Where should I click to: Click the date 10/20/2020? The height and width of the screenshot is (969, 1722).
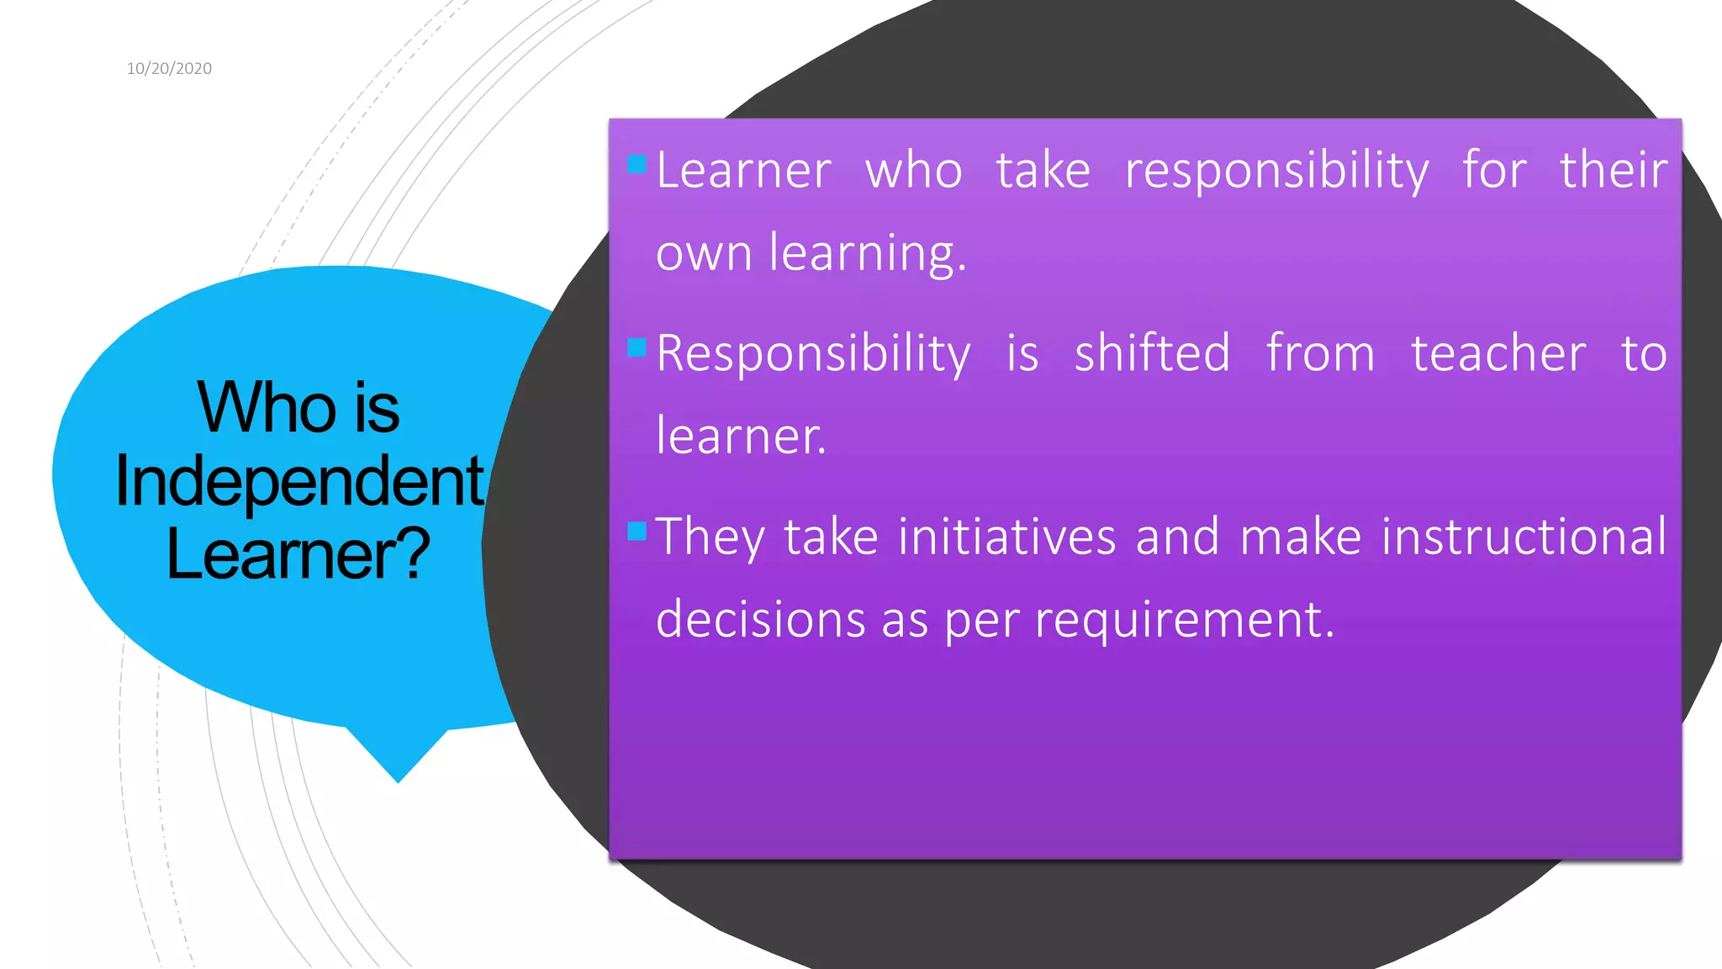point(169,69)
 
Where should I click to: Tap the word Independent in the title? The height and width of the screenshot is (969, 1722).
point(298,481)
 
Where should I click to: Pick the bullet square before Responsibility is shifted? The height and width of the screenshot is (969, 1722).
point(637,347)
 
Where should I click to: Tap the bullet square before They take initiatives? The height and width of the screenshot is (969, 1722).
point(637,530)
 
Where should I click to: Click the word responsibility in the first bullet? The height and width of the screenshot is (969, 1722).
point(1276,172)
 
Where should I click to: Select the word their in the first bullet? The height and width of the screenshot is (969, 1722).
point(1613,170)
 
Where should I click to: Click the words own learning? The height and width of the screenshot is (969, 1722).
point(811,253)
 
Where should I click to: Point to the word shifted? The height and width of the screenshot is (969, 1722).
point(1152,353)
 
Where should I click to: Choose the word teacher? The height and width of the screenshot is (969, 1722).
point(1498,353)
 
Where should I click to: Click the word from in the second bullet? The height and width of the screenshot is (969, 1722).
point(1320,353)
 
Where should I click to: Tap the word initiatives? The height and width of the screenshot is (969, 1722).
point(1006,537)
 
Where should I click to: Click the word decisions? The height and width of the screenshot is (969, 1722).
point(760,620)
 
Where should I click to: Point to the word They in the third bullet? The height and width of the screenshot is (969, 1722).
point(710,538)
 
